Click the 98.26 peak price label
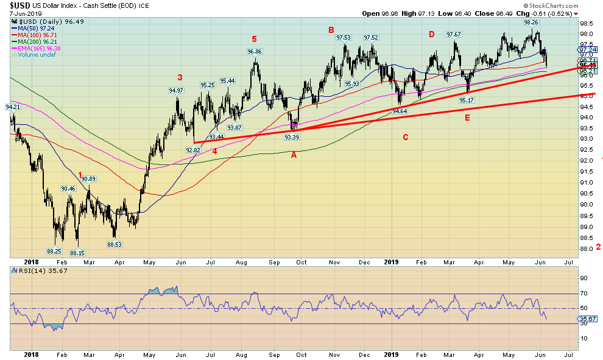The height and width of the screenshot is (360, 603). click(x=531, y=22)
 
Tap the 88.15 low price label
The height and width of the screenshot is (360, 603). click(x=77, y=253)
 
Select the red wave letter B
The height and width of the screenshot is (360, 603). click(x=331, y=30)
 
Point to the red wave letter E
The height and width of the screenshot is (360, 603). click(x=467, y=118)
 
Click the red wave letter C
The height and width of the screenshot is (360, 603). click(x=405, y=137)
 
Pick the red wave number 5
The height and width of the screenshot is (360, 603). click(x=254, y=39)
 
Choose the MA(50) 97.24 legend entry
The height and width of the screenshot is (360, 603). click(x=30, y=29)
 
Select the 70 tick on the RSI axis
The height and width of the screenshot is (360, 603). click(x=582, y=294)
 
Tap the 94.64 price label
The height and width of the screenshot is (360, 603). click(x=399, y=111)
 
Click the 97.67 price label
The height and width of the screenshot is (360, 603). click(x=454, y=35)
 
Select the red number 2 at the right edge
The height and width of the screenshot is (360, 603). click(x=598, y=247)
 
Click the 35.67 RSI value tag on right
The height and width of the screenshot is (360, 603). click(x=588, y=318)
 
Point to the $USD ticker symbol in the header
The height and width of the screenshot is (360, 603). click(x=16, y=5)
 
